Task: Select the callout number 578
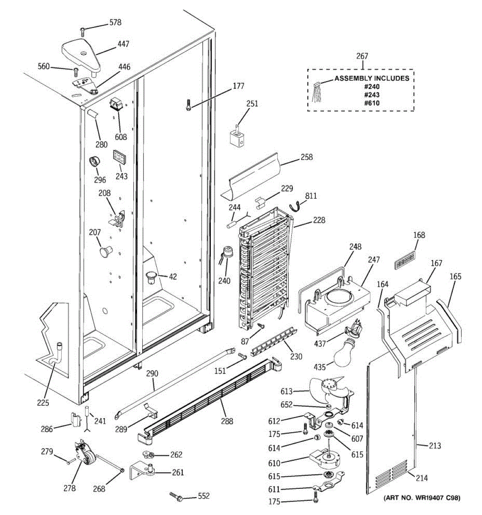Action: pos(115,23)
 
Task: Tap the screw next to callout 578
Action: pos(83,32)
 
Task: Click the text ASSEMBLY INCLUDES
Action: pos(372,78)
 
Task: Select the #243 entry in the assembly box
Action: pos(371,95)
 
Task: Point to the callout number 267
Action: pos(362,56)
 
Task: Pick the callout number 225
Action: pos(43,403)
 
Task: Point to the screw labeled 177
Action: pos(188,105)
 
